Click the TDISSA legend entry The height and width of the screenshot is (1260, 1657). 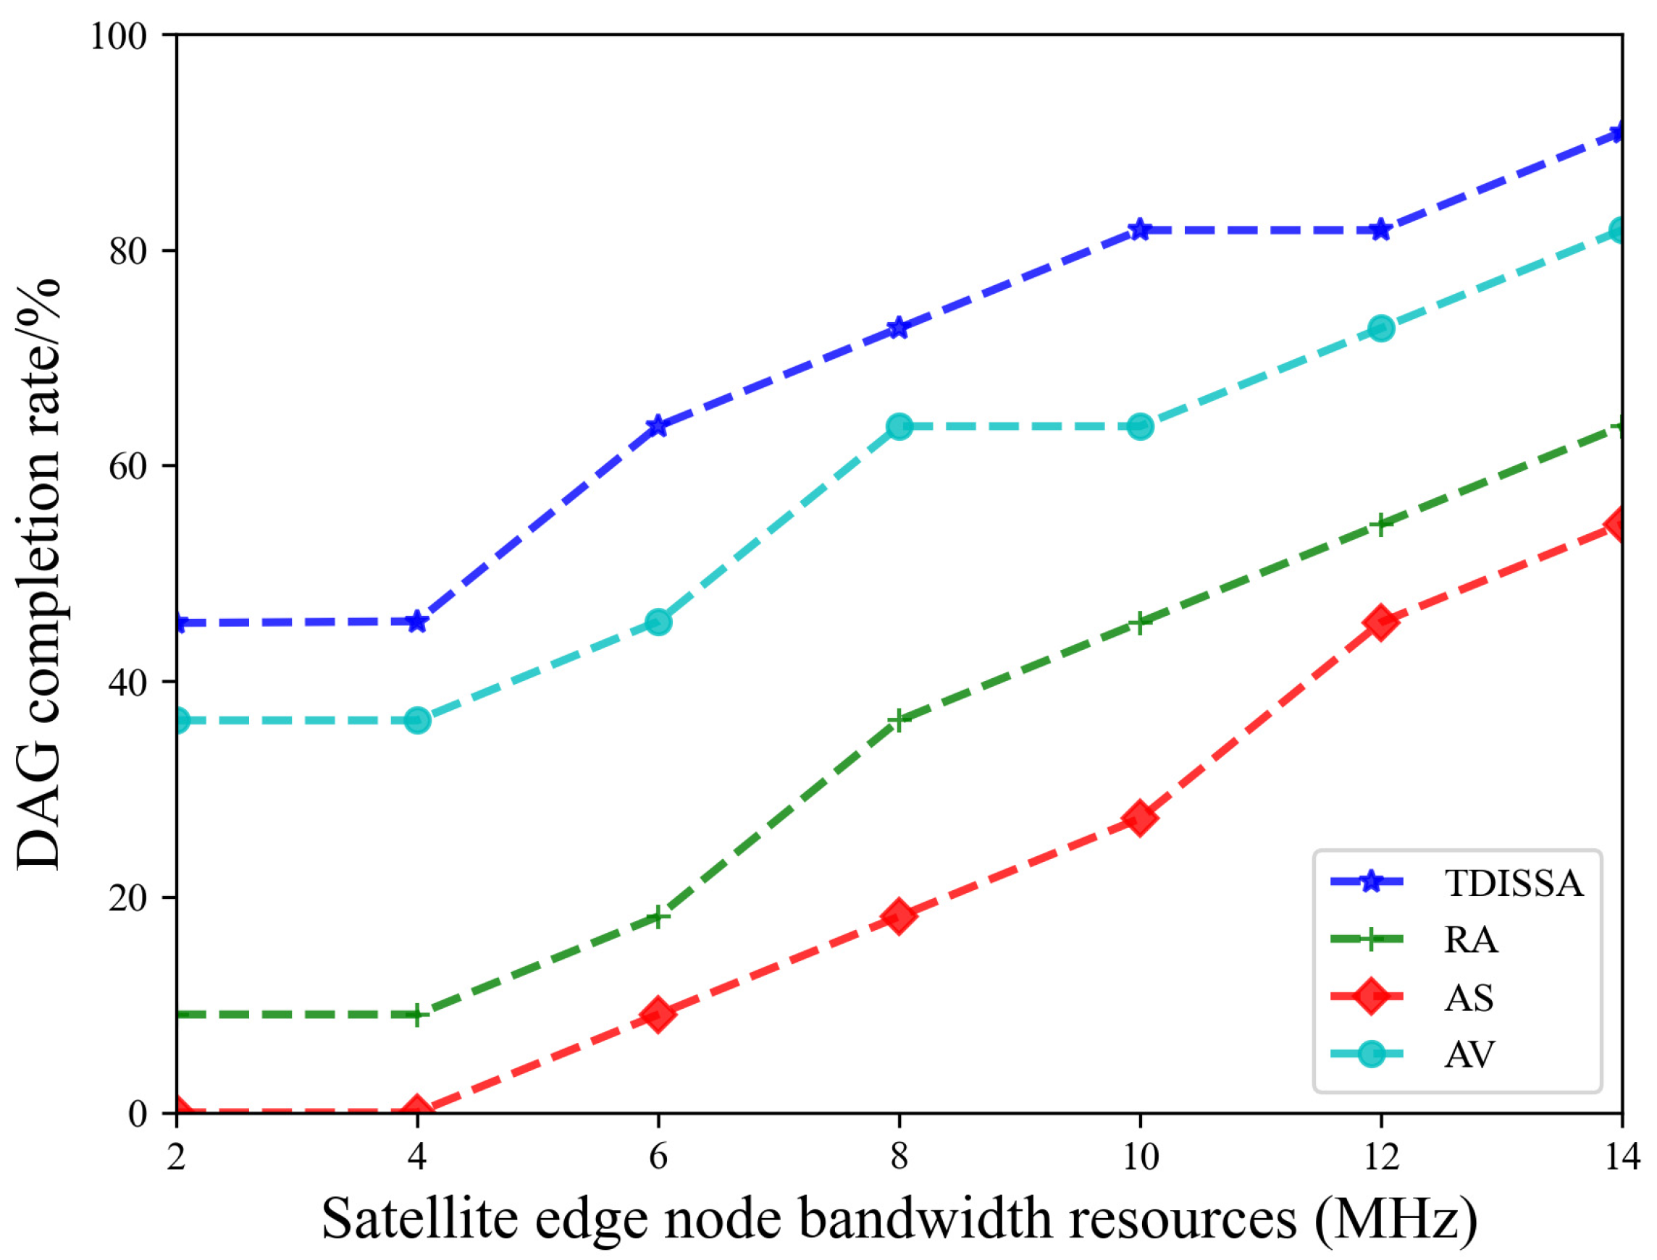coord(1513,884)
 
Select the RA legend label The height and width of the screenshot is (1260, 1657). coord(1471,939)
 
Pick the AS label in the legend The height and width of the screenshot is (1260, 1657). coord(1469,997)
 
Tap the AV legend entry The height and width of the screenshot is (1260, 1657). coord(1469,1054)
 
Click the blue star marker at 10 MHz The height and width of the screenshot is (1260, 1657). coord(1140,229)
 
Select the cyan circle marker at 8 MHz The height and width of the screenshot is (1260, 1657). coord(899,426)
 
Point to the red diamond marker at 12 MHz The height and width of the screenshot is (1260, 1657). coord(1381,622)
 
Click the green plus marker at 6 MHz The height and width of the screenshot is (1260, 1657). coord(658,916)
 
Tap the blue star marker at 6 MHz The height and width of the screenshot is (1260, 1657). coord(658,426)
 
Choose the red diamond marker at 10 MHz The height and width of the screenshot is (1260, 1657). coord(1140,818)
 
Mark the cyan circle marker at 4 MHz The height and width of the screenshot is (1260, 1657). coord(417,720)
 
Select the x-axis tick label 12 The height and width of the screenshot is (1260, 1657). coord(1381,1157)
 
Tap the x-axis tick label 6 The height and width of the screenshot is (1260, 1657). coord(658,1157)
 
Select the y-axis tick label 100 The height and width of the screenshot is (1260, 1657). coord(119,36)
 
